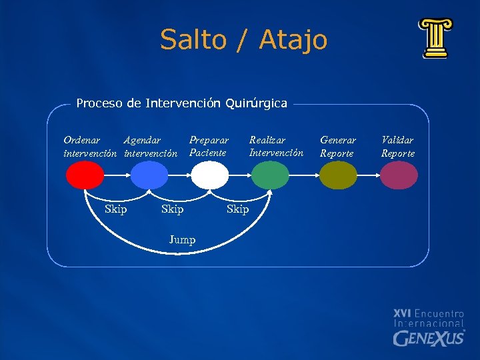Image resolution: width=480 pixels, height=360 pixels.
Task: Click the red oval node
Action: click(x=85, y=176)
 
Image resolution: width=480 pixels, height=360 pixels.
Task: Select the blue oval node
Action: click(x=149, y=176)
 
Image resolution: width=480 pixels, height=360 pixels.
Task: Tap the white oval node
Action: click(x=210, y=176)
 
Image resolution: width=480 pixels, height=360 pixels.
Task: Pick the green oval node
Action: click(x=270, y=176)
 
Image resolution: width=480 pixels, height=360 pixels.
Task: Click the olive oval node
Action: click(x=338, y=176)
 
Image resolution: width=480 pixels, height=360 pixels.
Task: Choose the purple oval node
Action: click(x=399, y=176)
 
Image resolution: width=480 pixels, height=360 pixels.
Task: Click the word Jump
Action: click(x=182, y=240)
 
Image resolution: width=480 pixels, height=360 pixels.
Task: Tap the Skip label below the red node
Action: click(x=116, y=210)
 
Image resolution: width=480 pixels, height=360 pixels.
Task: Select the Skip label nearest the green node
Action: click(x=237, y=210)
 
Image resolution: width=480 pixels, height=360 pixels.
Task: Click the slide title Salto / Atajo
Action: click(x=243, y=40)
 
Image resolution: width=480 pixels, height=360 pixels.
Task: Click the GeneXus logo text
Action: click(x=429, y=337)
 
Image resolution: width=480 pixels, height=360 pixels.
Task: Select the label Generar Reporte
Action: click(x=338, y=147)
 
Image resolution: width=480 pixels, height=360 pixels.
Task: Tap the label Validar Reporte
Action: click(x=398, y=147)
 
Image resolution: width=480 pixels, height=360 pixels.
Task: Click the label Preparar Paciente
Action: click(x=209, y=147)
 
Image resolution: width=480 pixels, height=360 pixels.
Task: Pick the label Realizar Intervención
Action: click(x=276, y=147)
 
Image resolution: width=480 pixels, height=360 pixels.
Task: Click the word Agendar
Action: click(x=142, y=141)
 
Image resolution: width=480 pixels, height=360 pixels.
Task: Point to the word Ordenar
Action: click(x=82, y=141)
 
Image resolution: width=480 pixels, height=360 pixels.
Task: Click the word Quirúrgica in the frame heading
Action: click(x=256, y=103)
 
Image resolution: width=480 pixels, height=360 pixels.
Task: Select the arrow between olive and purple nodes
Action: click(x=368, y=176)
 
